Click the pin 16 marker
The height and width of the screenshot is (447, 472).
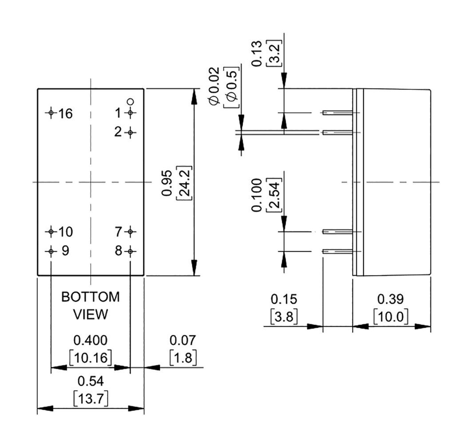click(51, 112)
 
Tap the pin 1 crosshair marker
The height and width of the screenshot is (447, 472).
click(130, 112)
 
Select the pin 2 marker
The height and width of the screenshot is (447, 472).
click(130, 133)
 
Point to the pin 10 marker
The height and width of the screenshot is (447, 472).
click(51, 231)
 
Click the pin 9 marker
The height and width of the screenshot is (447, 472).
click(51, 251)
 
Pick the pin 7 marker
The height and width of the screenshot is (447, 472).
click(130, 231)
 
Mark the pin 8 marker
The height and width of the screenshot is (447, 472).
click(130, 251)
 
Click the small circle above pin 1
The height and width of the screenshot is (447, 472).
click(130, 101)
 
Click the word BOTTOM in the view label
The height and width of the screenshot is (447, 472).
click(90, 297)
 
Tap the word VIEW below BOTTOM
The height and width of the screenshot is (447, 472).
click(91, 315)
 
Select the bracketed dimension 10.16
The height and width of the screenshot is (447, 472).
click(91, 358)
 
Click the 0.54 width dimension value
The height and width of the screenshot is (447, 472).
click(91, 382)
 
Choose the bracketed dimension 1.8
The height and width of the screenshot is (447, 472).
click(183, 358)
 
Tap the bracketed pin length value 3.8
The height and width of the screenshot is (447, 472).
click(283, 317)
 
